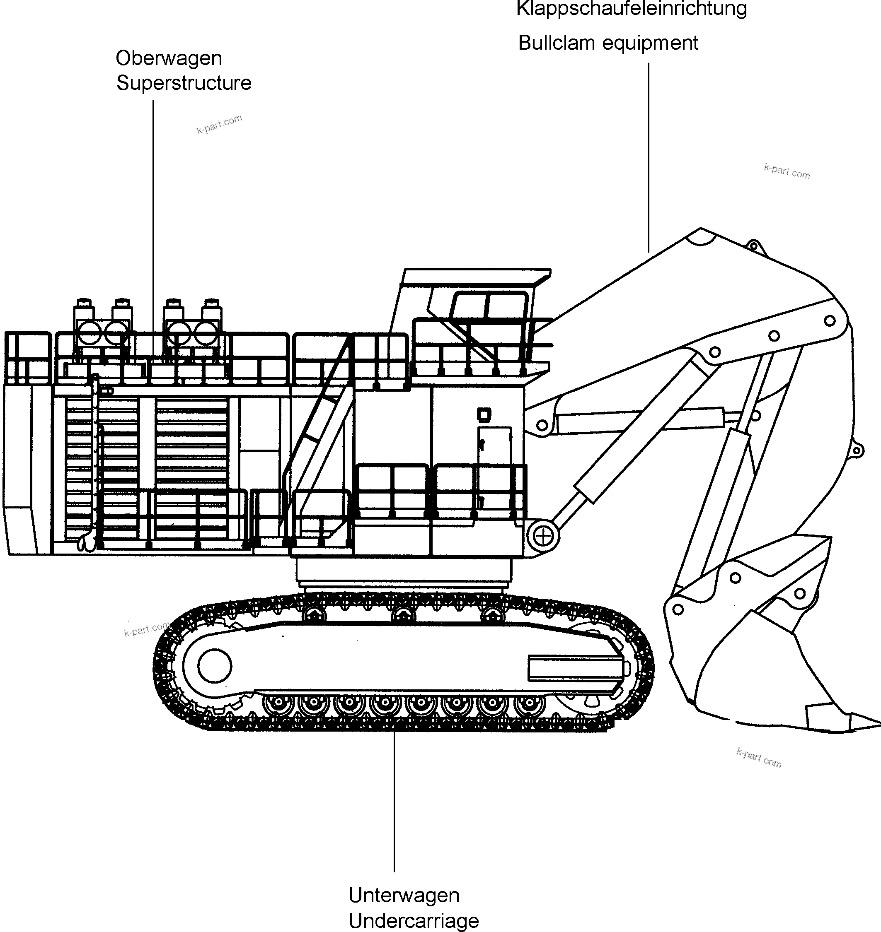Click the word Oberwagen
(169, 59)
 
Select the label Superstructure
(184, 84)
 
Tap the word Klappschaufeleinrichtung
(631, 8)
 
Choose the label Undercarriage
(413, 921)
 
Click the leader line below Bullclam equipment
(649, 157)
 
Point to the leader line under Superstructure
(152, 225)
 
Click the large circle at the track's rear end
(215, 665)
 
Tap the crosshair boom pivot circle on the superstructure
(543, 537)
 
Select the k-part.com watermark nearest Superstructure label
(219, 124)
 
